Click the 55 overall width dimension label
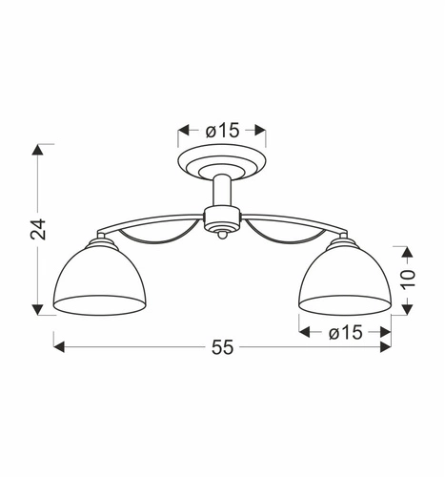(x=222, y=347)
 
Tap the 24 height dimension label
(x=38, y=229)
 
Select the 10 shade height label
(x=408, y=280)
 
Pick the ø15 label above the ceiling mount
(x=222, y=131)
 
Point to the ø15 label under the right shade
(x=345, y=333)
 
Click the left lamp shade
(x=100, y=280)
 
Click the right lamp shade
(x=345, y=280)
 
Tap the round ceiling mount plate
(x=222, y=161)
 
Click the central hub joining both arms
(x=222, y=218)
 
